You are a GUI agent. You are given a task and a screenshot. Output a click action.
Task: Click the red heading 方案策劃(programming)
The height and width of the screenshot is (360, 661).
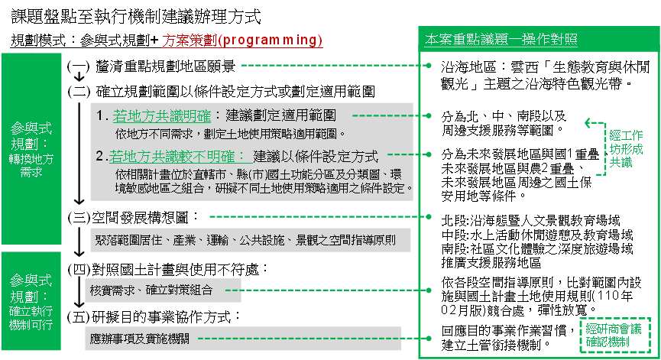tap(242, 41)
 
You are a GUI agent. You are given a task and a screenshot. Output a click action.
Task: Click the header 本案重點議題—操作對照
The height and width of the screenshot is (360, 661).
tap(501, 39)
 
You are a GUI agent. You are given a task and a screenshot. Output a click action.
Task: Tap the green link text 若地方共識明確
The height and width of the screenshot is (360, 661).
tap(162, 116)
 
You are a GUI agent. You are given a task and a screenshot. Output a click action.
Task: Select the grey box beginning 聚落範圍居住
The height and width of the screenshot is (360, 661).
tap(251, 240)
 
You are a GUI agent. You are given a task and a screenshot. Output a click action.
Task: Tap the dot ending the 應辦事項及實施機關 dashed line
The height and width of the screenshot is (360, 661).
tap(429, 336)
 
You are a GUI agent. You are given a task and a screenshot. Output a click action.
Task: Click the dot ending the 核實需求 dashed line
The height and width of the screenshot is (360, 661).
tap(429, 290)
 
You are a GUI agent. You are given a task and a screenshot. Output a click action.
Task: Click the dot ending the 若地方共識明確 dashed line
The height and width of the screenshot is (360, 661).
tap(429, 117)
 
